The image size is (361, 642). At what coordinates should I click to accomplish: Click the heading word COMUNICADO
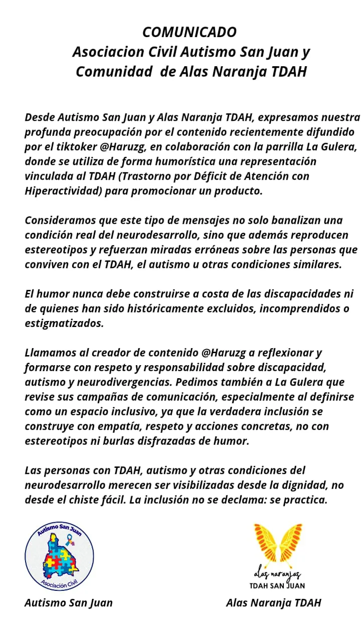[x=189, y=32]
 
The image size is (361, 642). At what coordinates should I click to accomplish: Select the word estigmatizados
[x=64, y=324]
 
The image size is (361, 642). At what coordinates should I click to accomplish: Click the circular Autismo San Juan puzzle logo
[x=59, y=556]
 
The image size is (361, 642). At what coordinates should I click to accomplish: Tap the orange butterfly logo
[x=278, y=544]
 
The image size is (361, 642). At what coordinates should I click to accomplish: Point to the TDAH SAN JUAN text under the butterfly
[x=277, y=585]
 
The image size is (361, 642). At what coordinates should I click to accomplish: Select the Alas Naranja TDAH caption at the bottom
[x=273, y=603]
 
